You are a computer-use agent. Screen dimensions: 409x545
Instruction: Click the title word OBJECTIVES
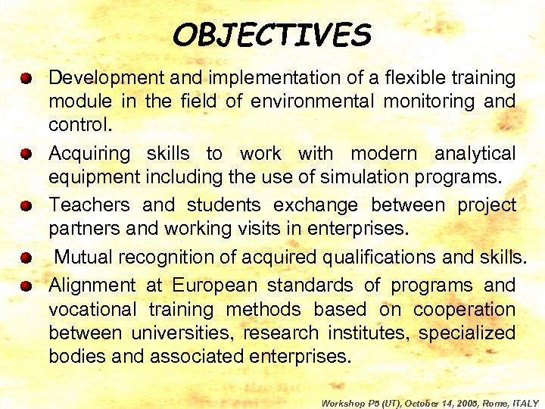coord(272,34)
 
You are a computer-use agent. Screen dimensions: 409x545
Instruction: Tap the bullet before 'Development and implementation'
coord(25,78)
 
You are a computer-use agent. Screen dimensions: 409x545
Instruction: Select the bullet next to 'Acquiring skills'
coord(25,155)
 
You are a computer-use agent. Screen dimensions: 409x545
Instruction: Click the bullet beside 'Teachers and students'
coord(25,206)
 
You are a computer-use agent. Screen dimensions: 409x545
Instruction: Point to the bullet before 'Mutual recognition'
coord(25,258)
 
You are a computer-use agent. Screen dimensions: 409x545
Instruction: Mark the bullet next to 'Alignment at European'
coord(25,286)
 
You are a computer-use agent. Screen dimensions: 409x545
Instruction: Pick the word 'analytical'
coord(475,154)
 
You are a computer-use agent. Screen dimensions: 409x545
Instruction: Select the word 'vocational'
coord(92,310)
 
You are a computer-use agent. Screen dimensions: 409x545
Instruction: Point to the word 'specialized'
coord(468,333)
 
